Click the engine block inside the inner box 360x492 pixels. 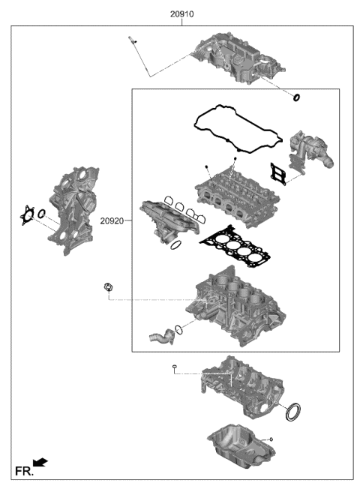[x=236, y=308]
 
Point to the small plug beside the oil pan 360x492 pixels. [x=271, y=438]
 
